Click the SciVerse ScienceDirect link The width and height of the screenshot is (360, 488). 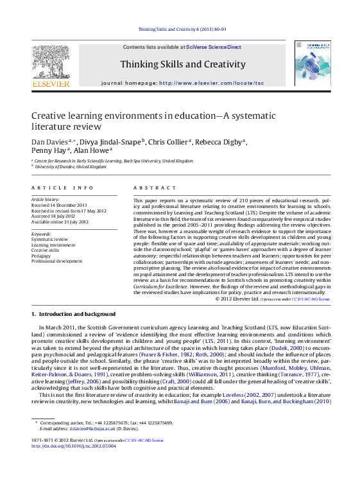[214, 48]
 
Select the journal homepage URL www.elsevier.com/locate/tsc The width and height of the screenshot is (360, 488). [211, 83]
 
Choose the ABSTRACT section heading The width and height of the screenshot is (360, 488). [155, 188]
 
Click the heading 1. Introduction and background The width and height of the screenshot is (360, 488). [73, 314]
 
